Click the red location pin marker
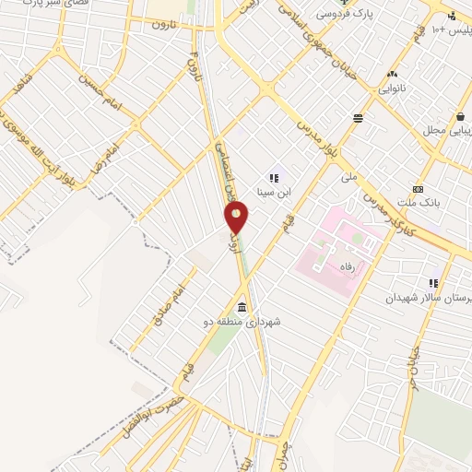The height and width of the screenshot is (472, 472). [x=237, y=217]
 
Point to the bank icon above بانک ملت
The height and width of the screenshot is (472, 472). [x=418, y=188]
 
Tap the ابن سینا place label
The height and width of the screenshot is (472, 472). [x=273, y=193]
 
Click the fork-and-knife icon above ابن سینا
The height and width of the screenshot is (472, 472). [x=274, y=177]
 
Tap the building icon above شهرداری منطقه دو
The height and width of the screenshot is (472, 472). [x=242, y=307]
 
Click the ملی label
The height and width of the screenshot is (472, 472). [x=348, y=175]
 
